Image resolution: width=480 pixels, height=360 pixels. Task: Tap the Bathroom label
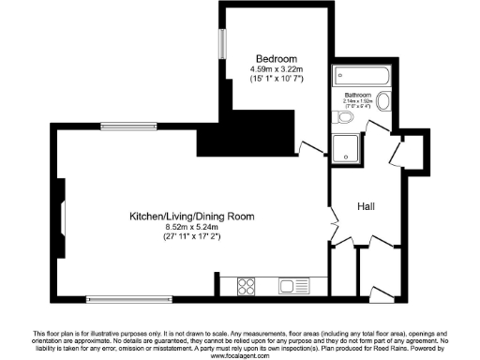(x=356, y=96)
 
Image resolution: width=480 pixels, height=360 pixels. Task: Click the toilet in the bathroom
(x=340, y=117)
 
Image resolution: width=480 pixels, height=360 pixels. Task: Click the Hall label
(x=367, y=205)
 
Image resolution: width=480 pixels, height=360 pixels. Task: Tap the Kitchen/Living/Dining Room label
(x=192, y=217)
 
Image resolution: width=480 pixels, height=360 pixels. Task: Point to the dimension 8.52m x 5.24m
(x=192, y=228)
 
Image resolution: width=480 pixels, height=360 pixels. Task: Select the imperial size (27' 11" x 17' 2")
(x=192, y=238)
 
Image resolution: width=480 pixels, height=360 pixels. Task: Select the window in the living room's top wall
(x=128, y=126)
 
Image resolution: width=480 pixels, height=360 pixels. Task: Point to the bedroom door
(x=307, y=147)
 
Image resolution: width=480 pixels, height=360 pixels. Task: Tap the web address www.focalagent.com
(x=240, y=353)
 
